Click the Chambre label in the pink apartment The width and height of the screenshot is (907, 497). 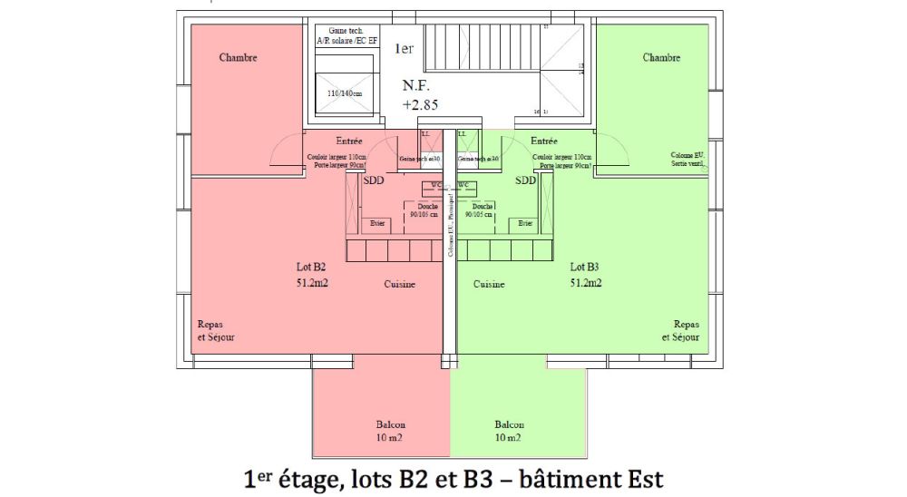point(239,58)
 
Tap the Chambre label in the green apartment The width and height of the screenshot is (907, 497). point(661,58)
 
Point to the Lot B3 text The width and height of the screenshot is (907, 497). point(584,268)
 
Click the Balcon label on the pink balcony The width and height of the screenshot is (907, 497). point(391,424)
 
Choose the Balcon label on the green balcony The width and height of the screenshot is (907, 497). point(509,424)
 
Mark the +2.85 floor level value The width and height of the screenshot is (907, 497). point(421,105)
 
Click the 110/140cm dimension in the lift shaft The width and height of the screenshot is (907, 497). point(344,93)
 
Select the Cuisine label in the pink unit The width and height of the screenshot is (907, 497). point(399,285)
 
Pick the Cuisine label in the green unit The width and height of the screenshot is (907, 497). point(489,285)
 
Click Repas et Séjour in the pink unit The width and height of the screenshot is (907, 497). point(217,330)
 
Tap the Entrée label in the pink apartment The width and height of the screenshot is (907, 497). point(349,141)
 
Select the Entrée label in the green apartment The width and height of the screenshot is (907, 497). point(544,141)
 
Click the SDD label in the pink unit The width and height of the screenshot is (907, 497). point(373,180)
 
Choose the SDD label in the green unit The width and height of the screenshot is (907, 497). point(525,180)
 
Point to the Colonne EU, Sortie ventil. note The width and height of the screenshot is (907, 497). point(688,160)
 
